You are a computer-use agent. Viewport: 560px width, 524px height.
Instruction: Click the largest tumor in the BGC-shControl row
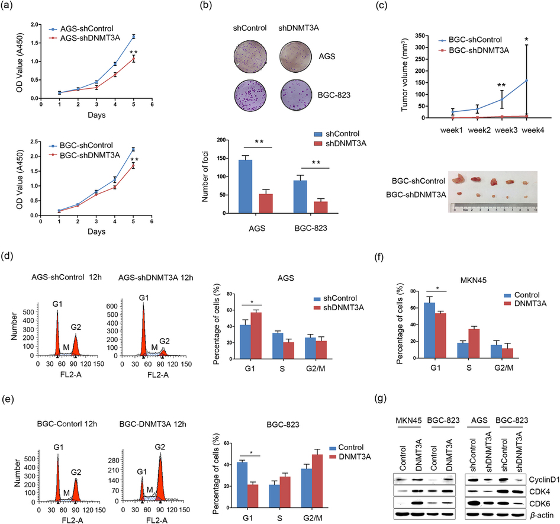(x=456, y=178)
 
